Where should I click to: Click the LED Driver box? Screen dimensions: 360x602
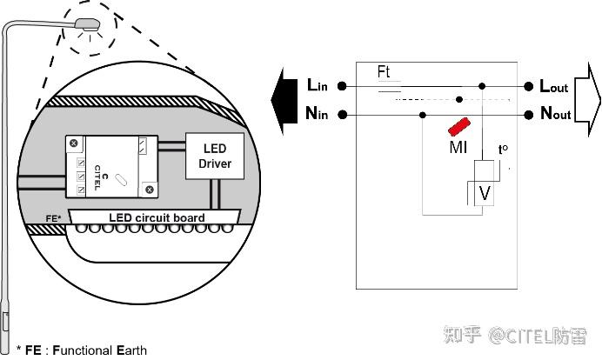coord(214,157)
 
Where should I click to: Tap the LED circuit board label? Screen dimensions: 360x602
coord(157,217)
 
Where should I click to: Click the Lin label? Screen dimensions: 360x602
coord(318,85)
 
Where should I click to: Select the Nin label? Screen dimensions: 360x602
coord(318,114)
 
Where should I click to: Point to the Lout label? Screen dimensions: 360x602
coord(554,86)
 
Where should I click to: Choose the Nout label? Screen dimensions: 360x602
coord(555,114)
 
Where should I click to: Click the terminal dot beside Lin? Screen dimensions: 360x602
coord(343,86)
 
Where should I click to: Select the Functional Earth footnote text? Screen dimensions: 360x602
coord(74,350)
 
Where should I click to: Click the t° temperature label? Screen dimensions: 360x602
coord(503,150)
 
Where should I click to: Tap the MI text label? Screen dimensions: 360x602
coord(458,148)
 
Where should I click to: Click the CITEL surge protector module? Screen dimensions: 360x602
coord(111,165)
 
